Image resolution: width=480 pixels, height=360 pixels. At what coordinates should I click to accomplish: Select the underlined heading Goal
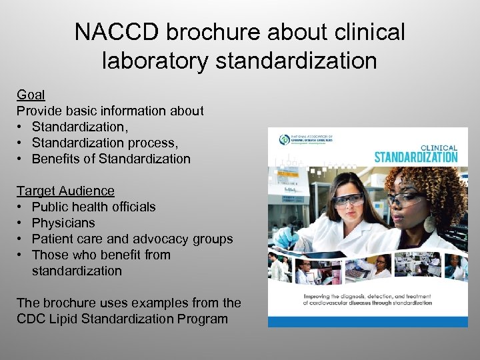tap(31, 95)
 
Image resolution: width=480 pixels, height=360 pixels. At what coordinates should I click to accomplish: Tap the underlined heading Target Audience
tap(65, 191)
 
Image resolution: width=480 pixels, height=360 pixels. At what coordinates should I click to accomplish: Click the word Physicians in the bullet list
tap(63, 223)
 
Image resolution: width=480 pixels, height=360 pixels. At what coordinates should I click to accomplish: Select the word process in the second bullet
tap(152, 143)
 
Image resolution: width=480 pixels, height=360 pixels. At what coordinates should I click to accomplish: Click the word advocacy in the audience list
tap(159, 239)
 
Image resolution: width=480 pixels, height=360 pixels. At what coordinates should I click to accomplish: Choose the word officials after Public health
tap(132, 207)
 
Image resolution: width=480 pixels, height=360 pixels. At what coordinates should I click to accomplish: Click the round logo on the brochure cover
tap(285, 140)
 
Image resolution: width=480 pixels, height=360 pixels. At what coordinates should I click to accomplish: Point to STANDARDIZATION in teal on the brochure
tap(415, 157)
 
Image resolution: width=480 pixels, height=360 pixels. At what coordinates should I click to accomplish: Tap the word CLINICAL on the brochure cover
tap(438, 147)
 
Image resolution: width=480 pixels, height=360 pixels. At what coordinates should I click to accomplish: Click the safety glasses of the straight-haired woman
tap(348, 199)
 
